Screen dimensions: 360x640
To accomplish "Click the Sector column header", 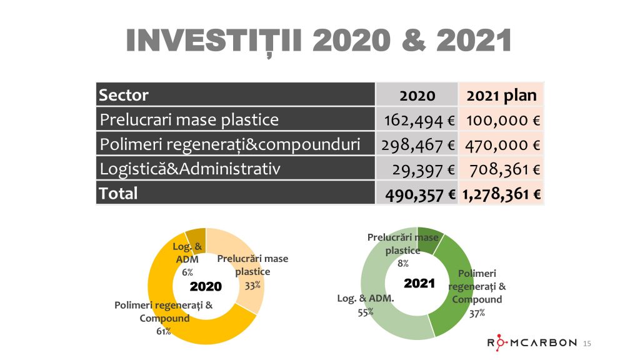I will tap(124, 95).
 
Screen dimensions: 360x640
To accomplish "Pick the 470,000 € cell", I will tap(502, 144).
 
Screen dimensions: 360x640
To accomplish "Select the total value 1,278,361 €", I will tap(502, 193).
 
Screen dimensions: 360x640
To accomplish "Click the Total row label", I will tap(118, 193).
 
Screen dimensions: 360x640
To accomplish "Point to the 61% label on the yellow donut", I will tap(164, 331).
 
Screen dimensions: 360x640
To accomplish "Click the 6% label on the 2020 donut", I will tap(187, 272).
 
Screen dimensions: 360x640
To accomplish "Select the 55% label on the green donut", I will tap(366, 312).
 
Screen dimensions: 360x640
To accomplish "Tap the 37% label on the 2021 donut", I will tap(477, 312).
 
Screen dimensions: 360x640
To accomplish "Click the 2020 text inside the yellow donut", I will tap(206, 287).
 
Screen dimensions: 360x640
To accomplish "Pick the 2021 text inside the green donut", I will tap(419, 283).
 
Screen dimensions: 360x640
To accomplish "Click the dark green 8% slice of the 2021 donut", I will tap(432, 236).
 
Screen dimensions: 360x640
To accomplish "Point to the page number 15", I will tap(587, 343).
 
